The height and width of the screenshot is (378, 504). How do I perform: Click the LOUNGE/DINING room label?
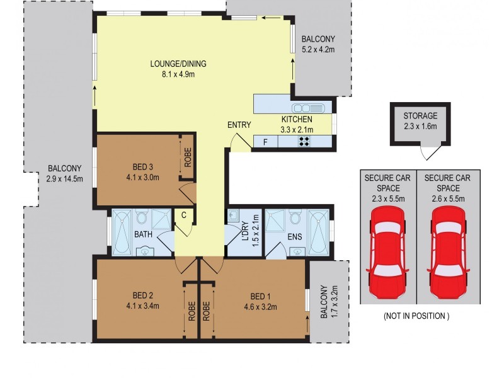[x=178, y=64]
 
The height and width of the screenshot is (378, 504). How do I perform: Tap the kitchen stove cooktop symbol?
[x=304, y=142]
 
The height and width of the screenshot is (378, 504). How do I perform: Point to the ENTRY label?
[x=239, y=125]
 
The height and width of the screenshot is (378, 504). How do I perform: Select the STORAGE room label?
[x=420, y=116]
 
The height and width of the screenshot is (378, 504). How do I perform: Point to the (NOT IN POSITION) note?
[x=416, y=316]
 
